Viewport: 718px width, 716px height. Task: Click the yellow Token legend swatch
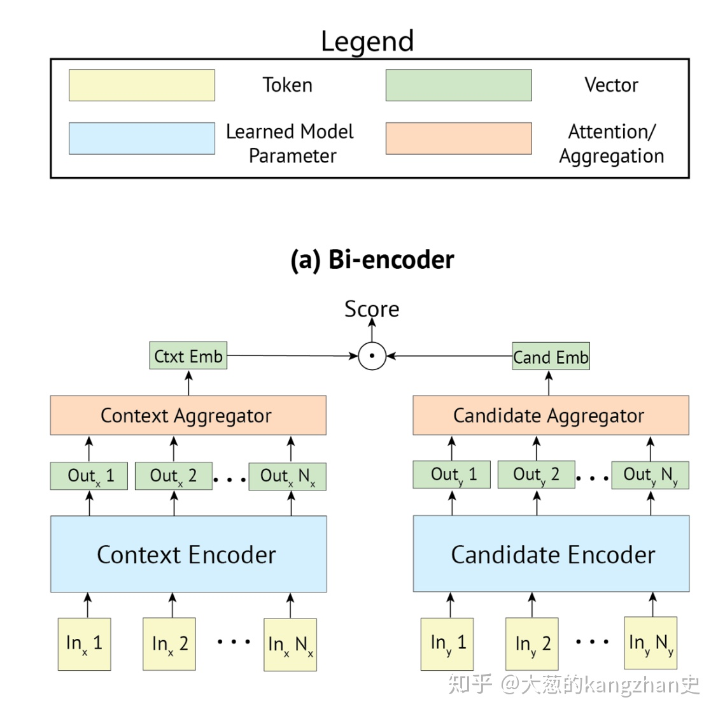pos(141,85)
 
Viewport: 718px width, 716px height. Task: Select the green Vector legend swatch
pos(458,85)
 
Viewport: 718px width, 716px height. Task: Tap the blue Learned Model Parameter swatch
pos(141,138)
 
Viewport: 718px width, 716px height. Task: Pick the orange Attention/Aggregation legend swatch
pos(458,138)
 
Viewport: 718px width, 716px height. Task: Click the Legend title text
pos(367,41)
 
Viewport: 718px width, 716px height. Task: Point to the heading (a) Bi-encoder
pos(372,260)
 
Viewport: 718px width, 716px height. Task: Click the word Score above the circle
pos(372,309)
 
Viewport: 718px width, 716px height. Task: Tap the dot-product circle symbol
pos(372,356)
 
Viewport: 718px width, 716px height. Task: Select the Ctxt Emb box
pos(188,356)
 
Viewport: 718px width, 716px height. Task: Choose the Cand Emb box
pos(551,357)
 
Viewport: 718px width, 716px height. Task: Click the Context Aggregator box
pos(188,415)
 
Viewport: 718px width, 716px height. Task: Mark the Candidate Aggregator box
pos(551,415)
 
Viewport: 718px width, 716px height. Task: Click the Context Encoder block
pos(188,554)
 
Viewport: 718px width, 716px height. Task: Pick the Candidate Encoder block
pos(551,554)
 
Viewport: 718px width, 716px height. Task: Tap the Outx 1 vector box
pos(89,476)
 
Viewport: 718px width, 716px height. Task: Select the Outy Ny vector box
pos(650,475)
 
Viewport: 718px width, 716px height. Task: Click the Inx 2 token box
pos(169,644)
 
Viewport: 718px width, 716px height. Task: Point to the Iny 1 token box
pos(447,643)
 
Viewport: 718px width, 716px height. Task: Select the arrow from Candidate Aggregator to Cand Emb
pos(549,383)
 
